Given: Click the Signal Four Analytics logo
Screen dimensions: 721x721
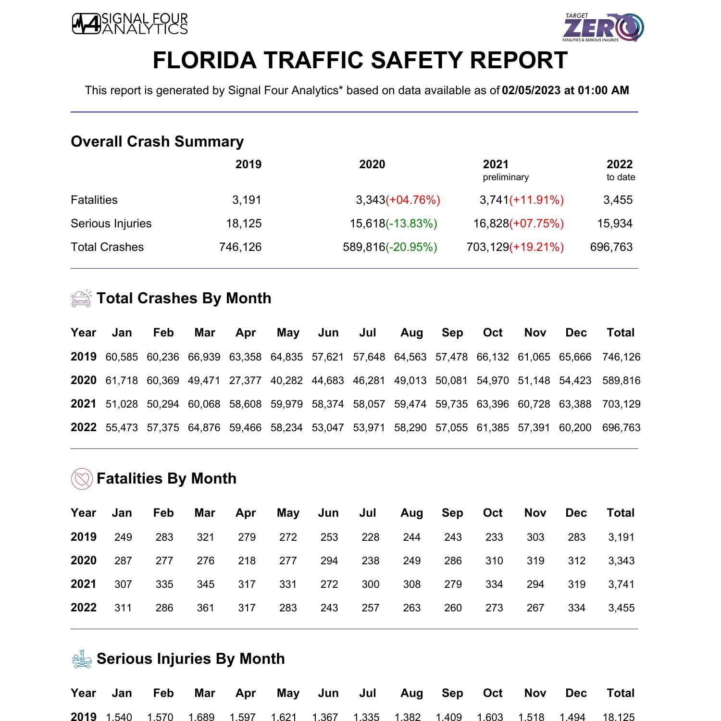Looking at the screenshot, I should coord(130,24).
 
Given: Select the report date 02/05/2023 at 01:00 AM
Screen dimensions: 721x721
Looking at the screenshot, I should coord(565,90).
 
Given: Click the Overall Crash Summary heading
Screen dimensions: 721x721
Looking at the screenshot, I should coord(157,141).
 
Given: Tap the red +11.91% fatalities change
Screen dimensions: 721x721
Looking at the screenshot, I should coord(536,200).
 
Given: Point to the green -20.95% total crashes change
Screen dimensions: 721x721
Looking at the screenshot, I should coord(411,247).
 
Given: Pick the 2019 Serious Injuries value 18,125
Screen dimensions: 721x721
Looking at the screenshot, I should coord(244,224).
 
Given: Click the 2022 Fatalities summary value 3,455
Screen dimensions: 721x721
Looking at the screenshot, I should coord(618,200).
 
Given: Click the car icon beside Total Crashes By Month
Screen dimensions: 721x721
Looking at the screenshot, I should coord(81,298).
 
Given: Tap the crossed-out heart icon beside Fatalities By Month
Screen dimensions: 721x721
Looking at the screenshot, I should coord(82,479).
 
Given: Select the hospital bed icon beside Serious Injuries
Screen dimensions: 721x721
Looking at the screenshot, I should coord(81,659).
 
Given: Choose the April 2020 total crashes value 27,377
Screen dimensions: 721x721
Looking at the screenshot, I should coord(245,381).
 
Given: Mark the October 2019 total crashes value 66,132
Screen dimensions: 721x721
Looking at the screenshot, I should coord(493,357).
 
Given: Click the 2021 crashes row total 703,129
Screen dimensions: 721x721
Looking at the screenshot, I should coord(621,404).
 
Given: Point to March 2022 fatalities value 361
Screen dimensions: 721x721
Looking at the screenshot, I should coord(205,608).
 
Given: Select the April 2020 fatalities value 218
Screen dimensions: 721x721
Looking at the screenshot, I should coord(247,561).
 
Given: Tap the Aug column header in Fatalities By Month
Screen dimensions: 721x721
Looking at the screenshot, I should coord(411,513).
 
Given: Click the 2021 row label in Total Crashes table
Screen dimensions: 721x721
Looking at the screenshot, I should coord(83,404).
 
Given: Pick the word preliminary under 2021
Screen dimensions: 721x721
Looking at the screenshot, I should coord(505,177).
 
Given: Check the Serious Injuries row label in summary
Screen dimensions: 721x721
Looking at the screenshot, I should coord(111,224).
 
